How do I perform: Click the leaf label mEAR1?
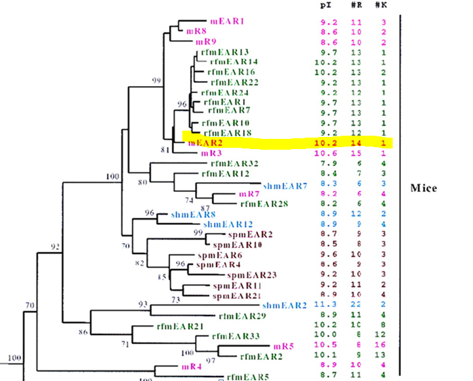coord(228,21)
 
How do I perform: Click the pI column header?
coord(325,5)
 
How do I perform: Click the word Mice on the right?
coord(425,189)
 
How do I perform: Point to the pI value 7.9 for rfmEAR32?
coord(325,164)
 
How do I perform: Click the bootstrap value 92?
coord(56,245)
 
